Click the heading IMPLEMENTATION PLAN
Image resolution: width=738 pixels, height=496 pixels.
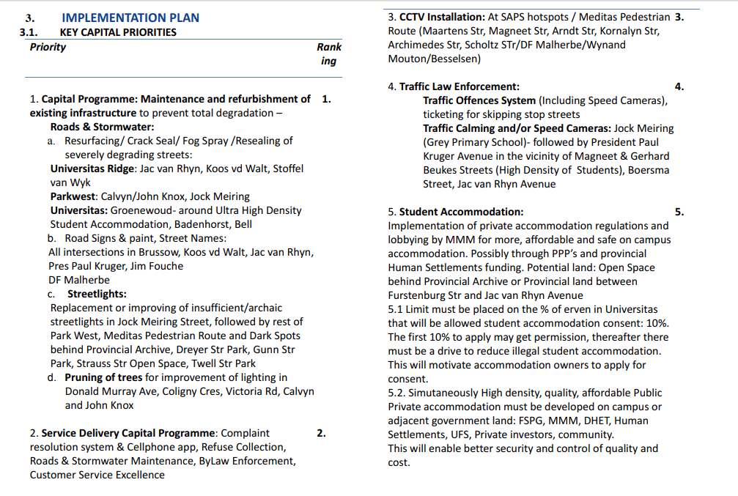(x=130, y=18)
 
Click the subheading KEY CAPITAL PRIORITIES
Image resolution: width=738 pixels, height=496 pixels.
(x=118, y=32)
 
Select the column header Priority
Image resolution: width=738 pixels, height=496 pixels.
(x=48, y=47)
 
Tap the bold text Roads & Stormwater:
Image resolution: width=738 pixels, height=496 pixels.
(x=102, y=127)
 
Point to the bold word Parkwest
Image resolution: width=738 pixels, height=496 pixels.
(x=72, y=196)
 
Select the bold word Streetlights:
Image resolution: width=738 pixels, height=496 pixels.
(x=97, y=294)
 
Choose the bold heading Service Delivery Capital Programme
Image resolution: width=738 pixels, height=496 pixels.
(x=129, y=433)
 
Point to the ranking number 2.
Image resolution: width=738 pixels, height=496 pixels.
(x=321, y=433)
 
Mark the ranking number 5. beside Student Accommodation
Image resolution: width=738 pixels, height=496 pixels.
(x=679, y=212)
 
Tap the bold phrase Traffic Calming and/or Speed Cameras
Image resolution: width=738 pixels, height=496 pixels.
(x=517, y=128)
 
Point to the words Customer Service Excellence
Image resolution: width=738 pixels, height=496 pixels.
(x=97, y=475)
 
